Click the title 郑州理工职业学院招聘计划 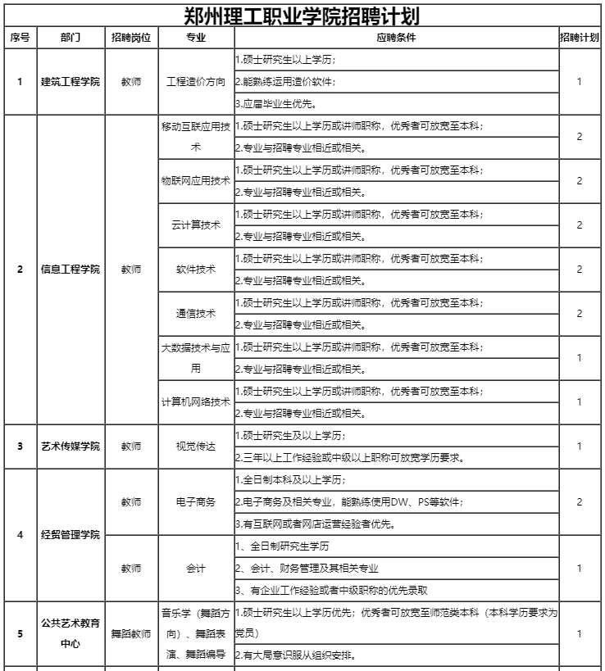click(x=302, y=16)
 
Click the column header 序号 click(x=20, y=39)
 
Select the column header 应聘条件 click(x=395, y=39)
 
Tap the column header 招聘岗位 click(x=131, y=39)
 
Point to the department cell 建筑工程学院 click(x=71, y=82)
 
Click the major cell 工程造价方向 click(x=196, y=82)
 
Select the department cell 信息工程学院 click(x=71, y=269)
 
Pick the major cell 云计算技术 click(x=196, y=224)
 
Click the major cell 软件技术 click(x=196, y=269)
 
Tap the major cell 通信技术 click(x=196, y=313)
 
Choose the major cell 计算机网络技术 click(x=196, y=401)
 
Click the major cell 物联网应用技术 click(x=196, y=180)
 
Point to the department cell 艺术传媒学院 click(x=71, y=446)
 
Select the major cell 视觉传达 click(x=196, y=446)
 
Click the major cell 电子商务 click(x=196, y=501)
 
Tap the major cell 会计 click(x=196, y=568)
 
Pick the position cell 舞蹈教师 click(x=131, y=633)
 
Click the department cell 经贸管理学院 click(x=71, y=535)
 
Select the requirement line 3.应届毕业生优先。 click(x=275, y=104)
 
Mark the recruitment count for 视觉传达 click(x=579, y=446)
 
